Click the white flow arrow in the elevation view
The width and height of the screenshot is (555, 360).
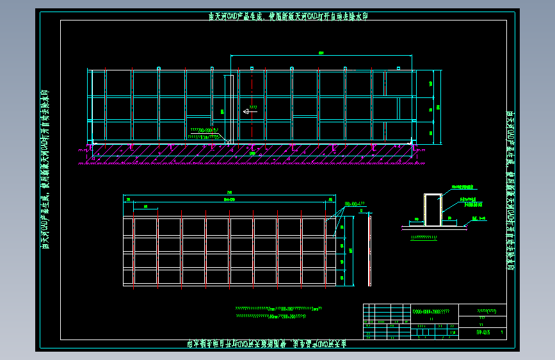pos(248,111)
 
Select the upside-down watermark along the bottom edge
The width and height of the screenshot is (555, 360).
pos(277,345)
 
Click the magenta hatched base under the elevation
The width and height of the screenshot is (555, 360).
pos(250,154)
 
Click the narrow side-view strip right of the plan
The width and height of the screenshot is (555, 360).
pos(369,250)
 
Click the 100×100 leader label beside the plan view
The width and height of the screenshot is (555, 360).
pos(355,204)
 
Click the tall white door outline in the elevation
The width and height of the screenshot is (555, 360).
pos(228,106)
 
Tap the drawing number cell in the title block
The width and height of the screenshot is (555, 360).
pos(484,332)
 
